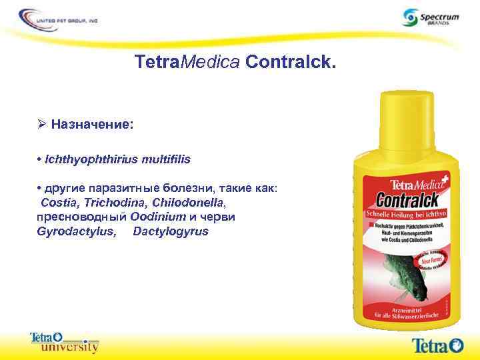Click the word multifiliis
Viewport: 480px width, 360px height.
160,159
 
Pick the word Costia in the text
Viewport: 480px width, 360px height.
58,202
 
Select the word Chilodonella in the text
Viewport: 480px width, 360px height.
189,202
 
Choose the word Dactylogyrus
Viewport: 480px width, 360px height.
171,231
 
